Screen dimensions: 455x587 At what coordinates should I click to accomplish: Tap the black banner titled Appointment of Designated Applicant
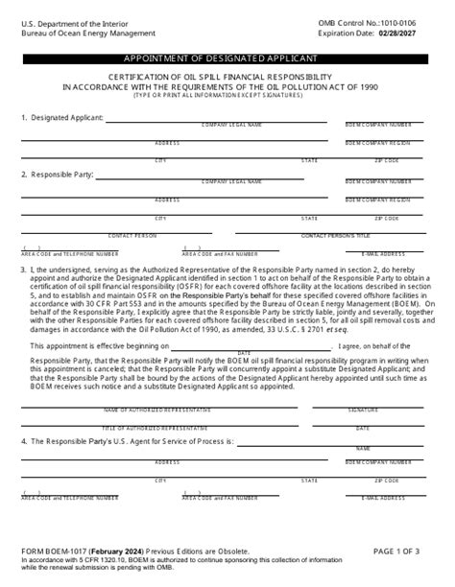[227, 59]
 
